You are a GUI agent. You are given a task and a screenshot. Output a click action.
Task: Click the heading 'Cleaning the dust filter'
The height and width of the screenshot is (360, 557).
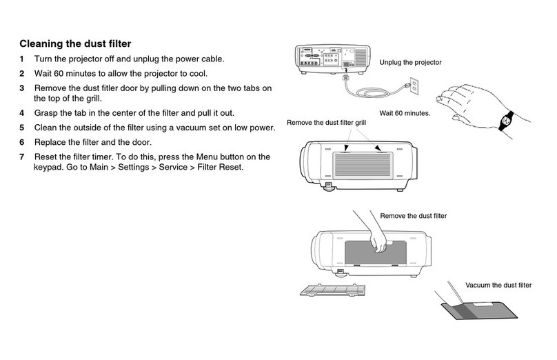click(x=74, y=45)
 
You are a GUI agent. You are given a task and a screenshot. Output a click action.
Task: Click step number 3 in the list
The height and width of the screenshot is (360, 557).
click(x=21, y=88)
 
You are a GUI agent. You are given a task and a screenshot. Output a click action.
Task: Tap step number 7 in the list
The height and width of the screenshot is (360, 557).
click(x=21, y=157)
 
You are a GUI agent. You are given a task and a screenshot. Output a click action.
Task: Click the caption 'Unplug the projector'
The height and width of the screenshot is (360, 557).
click(x=410, y=63)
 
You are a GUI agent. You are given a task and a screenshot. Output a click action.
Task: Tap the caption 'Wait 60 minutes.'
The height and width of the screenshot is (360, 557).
click(x=405, y=112)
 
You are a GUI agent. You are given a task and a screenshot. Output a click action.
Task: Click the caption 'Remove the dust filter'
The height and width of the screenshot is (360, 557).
click(x=414, y=216)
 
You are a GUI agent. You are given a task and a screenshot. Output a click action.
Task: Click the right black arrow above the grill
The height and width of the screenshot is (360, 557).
click(x=377, y=146)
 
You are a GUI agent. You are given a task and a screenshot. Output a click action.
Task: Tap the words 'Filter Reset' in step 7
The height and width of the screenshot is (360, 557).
click(x=219, y=168)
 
